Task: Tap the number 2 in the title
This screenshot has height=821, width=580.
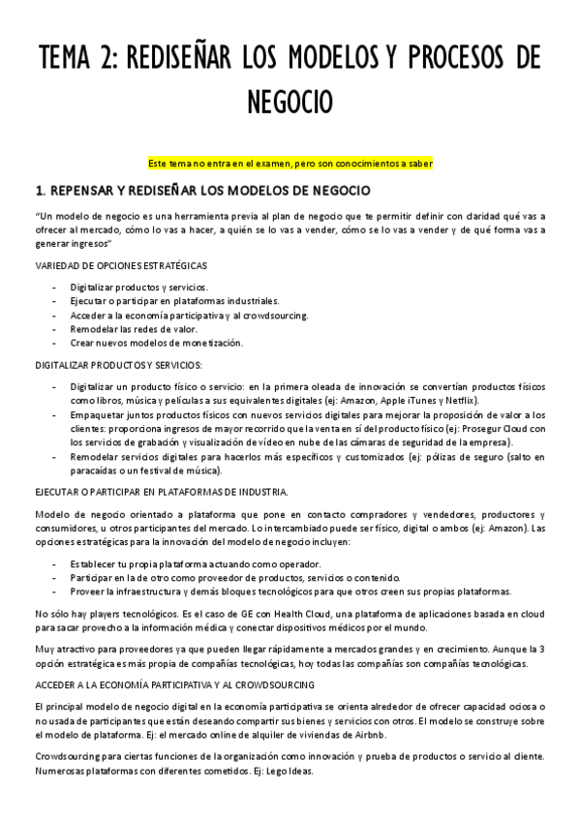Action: point(101,57)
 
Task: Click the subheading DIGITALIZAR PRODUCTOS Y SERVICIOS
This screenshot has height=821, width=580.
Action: point(117,365)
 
